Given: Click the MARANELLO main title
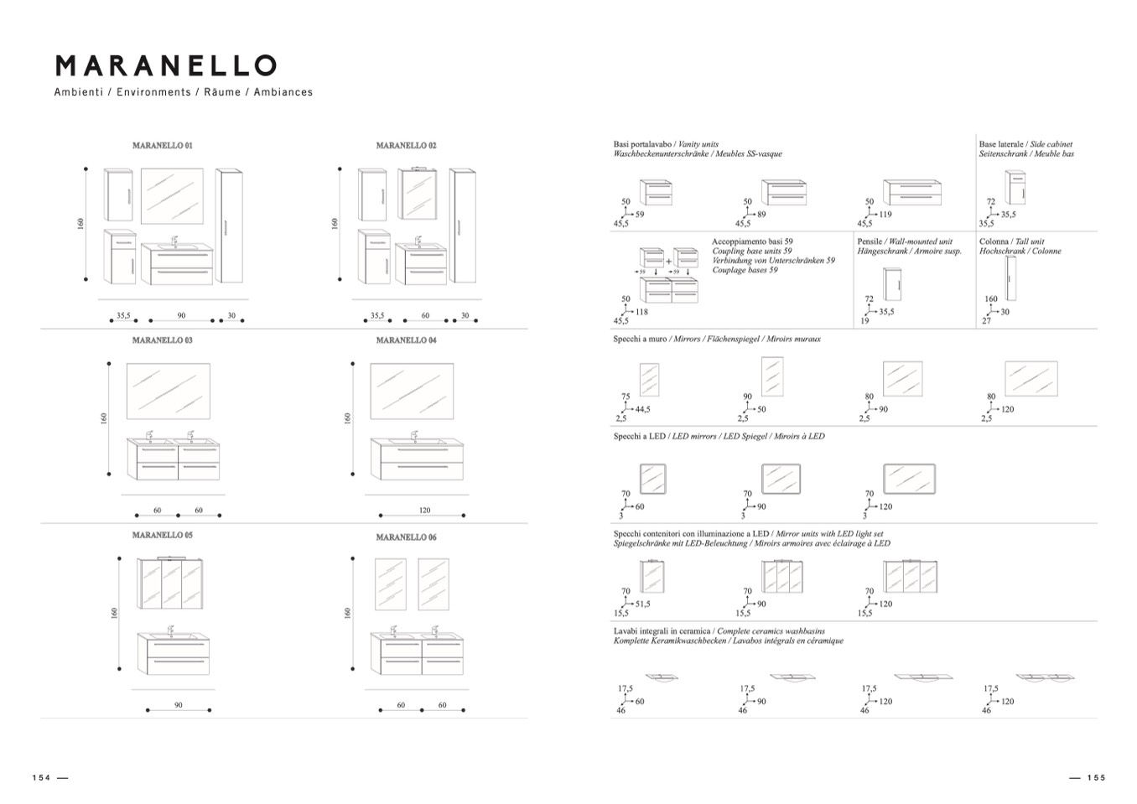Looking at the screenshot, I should [165, 65].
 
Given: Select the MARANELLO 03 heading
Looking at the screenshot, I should [162, 340].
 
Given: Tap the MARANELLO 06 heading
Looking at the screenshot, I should [406, 537].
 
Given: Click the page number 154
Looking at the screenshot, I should [41, 777].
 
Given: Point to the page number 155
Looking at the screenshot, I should [1096, 777].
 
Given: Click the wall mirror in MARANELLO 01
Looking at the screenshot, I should [172, 195].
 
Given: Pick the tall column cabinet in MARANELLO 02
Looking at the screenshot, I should [462, 226].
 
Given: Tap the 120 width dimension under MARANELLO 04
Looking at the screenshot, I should [424, 510].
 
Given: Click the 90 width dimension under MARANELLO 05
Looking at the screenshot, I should [179, 705].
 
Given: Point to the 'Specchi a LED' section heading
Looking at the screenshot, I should [719, 436].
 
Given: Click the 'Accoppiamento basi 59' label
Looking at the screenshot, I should [752, 241].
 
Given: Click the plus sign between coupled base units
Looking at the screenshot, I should [669, 261].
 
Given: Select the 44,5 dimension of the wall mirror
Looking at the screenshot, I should [642, 409].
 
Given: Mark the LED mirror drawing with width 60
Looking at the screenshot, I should [652, 480].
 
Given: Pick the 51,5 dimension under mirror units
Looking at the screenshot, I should [642, 604].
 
